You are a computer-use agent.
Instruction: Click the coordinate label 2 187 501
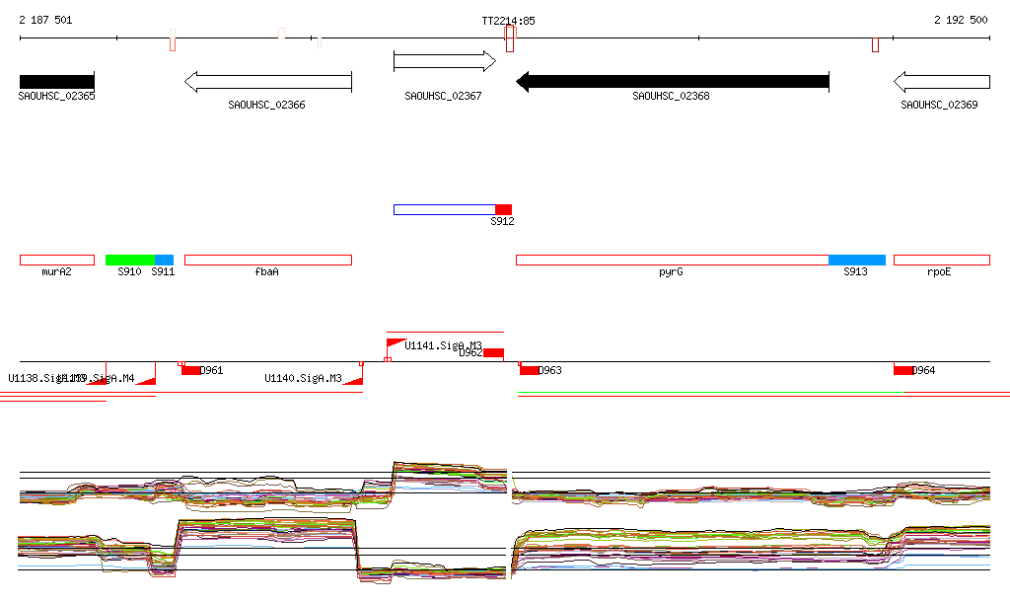point(45,20)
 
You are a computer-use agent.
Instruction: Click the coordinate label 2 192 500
point(961,20)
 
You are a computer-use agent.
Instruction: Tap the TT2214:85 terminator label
point(508,20)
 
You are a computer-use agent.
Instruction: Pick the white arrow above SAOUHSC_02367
point(444,61)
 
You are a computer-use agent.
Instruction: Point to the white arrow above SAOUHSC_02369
point(941,81)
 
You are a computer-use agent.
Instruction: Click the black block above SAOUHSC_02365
point(56,81)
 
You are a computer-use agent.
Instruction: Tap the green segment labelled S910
point(130,260)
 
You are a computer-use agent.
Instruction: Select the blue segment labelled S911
point(164,260)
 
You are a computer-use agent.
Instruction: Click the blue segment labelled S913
point(856,260)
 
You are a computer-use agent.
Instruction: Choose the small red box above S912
point(503,209)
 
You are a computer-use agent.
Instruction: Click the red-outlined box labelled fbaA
point(267,260)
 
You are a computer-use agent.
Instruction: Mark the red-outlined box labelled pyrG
point(672,260)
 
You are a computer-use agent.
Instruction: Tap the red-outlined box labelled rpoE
point(941,260)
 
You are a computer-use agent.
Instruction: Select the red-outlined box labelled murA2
point(57,260)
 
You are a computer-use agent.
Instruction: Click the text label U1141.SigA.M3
point(443,345)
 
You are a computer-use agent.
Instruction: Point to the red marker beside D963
point(530,370)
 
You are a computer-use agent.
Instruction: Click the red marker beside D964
point(902,370)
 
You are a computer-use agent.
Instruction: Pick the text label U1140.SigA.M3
point(303,378)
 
